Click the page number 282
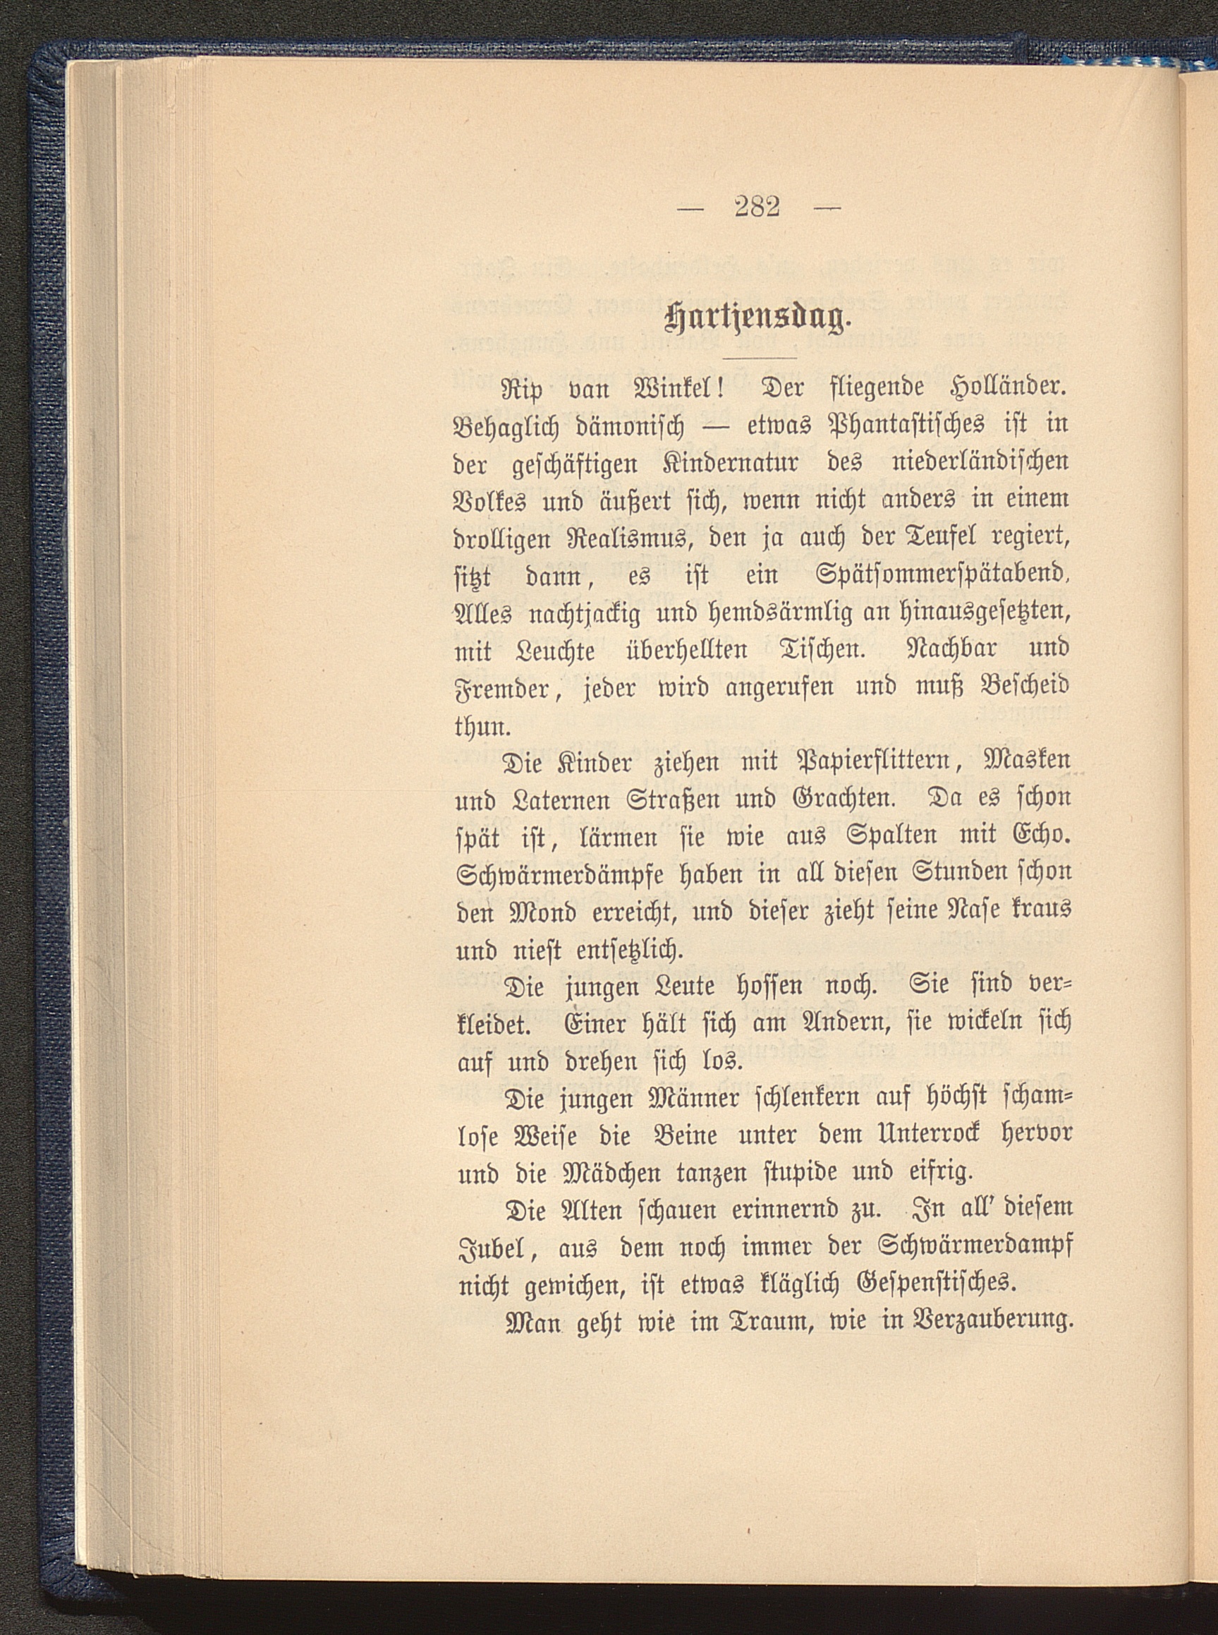coord(758,208)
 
